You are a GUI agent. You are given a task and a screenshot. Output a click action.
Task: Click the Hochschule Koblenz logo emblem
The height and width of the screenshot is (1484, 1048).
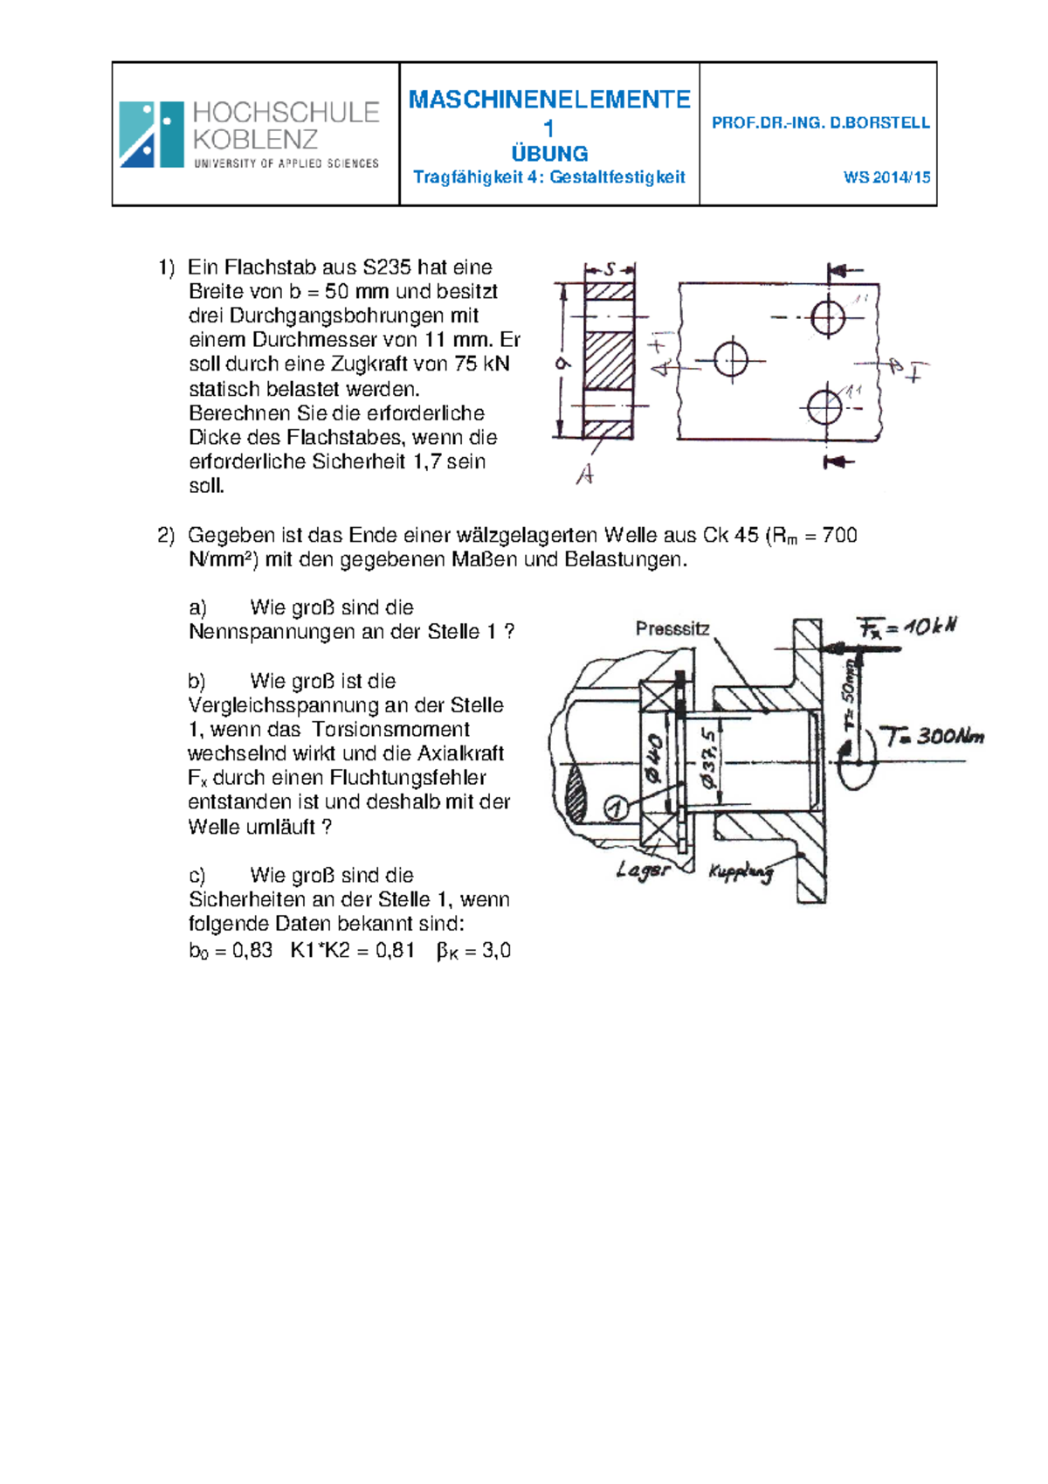coord(152,135)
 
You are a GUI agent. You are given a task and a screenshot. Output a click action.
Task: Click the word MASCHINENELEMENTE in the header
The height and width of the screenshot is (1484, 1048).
coord(549,100)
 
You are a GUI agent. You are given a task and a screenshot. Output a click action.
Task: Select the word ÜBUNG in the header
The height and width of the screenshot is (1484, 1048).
coord(549,154)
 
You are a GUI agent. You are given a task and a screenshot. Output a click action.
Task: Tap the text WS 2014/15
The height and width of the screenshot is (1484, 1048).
coord(887,177)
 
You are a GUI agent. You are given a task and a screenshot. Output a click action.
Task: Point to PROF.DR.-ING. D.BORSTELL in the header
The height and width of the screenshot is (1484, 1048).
coord(821,122)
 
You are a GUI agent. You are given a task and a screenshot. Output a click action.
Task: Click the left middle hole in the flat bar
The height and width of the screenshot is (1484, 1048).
coord(731,361)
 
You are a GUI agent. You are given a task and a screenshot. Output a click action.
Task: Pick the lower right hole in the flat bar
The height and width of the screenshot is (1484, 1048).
coord(825,406)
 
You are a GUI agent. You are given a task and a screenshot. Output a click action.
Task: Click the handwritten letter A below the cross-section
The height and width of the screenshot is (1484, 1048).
coord(584,475)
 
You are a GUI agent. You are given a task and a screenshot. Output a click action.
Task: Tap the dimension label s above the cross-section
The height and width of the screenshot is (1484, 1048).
coord(610,269)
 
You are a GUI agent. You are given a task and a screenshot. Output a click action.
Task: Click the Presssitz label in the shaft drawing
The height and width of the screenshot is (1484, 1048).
coord(672,628)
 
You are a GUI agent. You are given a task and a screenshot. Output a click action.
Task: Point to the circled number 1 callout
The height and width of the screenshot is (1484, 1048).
coord(617,808)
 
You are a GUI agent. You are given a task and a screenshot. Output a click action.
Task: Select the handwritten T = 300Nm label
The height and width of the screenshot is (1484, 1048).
coord(931,737)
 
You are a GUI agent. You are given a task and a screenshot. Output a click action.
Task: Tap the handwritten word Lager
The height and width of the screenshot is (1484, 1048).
coord(643,870)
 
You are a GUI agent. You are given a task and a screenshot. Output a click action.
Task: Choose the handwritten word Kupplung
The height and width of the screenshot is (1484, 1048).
coord(741,872)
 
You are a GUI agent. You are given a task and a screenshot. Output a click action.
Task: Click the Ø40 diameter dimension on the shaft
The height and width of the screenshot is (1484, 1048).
coord(654,759)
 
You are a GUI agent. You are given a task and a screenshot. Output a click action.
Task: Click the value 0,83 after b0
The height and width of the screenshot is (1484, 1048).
coord(252,951)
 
